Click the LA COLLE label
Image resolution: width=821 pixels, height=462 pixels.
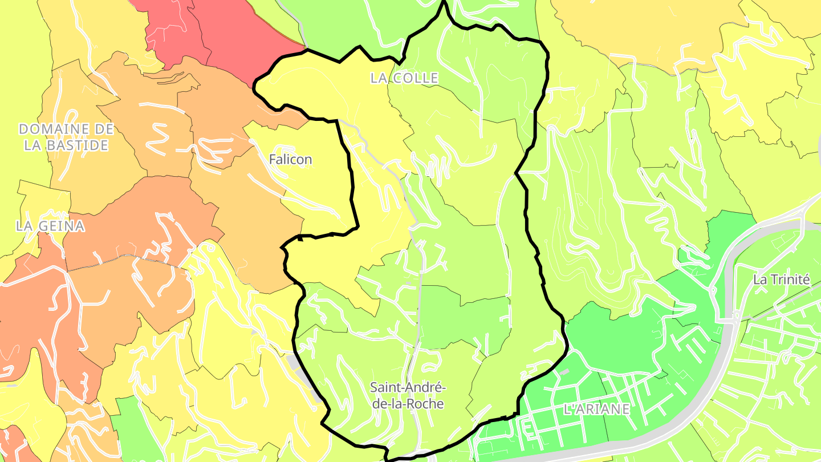coord(404,78)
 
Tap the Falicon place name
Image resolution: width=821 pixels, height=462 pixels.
coord(290,159)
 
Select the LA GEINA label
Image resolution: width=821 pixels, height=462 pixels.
coord(50,226)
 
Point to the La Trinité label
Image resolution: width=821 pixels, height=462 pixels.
coord(781,279)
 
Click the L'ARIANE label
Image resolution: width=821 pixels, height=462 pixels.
coord(596,409)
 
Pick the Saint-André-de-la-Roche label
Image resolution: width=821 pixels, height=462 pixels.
coord(407,395)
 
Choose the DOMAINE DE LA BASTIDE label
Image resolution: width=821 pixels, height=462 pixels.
coord(66,137)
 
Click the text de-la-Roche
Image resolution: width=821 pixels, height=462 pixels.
coord(407,404)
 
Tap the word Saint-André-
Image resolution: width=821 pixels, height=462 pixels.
coord(407,387)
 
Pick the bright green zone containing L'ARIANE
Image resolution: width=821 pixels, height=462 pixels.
coord(616,342)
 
